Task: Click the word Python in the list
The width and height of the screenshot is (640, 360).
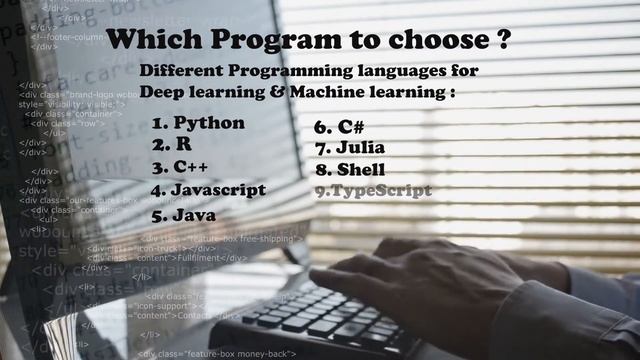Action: coord(209,123)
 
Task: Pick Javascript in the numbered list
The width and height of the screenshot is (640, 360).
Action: coord(219,189)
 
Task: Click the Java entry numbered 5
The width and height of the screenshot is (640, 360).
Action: coord(196,214)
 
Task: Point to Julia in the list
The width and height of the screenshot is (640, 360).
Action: coord(361,148)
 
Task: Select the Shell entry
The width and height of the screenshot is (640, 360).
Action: coord(361,169)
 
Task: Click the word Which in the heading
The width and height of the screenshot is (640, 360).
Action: coord(150,41)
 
